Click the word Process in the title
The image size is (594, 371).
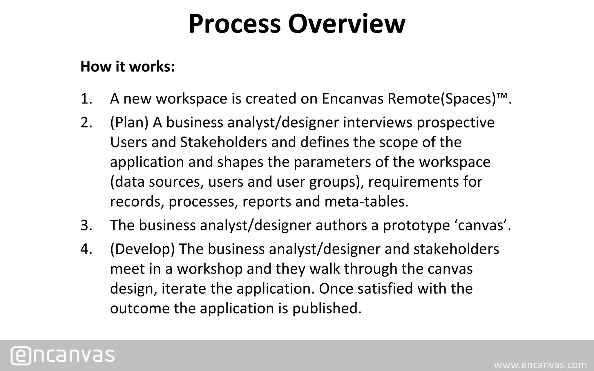point(235,24)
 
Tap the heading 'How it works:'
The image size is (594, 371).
point(128,67)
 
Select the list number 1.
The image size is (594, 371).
point(86,99)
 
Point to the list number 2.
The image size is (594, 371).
point(86,122)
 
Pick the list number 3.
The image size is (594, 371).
point(86,225)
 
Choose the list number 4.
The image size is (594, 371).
point(86,249)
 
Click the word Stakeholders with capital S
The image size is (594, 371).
point(223,142)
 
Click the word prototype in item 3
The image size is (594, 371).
point(416,225)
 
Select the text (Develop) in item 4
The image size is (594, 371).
point(142,249)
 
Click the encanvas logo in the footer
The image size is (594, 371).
point(63,355)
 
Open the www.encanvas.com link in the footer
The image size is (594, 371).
point(540,365)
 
